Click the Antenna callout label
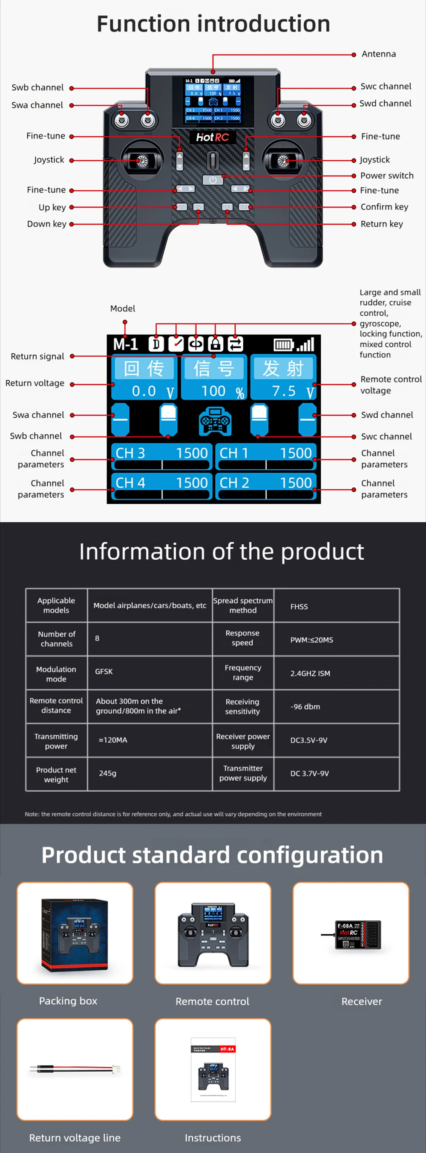[x=378, y=54]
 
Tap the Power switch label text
[x=387, y=176]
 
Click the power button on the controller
[x=213, y=180]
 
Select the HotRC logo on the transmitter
[x=213, y=137]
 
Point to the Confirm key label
[x=384, y=207]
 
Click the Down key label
[x=46, y=224]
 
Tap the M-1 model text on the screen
[x=125, y=344]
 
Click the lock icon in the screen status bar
[x=215, y=344]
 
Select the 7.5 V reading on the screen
[x=291, y=391]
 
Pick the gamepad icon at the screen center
[x=215, y=421]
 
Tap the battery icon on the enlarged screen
[x=283, y=345]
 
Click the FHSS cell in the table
[x=299, y=607]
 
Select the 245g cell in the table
[x=107, y=773]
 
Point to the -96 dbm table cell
[x=305, y=707]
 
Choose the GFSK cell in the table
[x=104, y=671]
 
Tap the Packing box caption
[x=68, y=1000]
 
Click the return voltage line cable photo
[x=75, y=1069]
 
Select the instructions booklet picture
[x=213, y=1069]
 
